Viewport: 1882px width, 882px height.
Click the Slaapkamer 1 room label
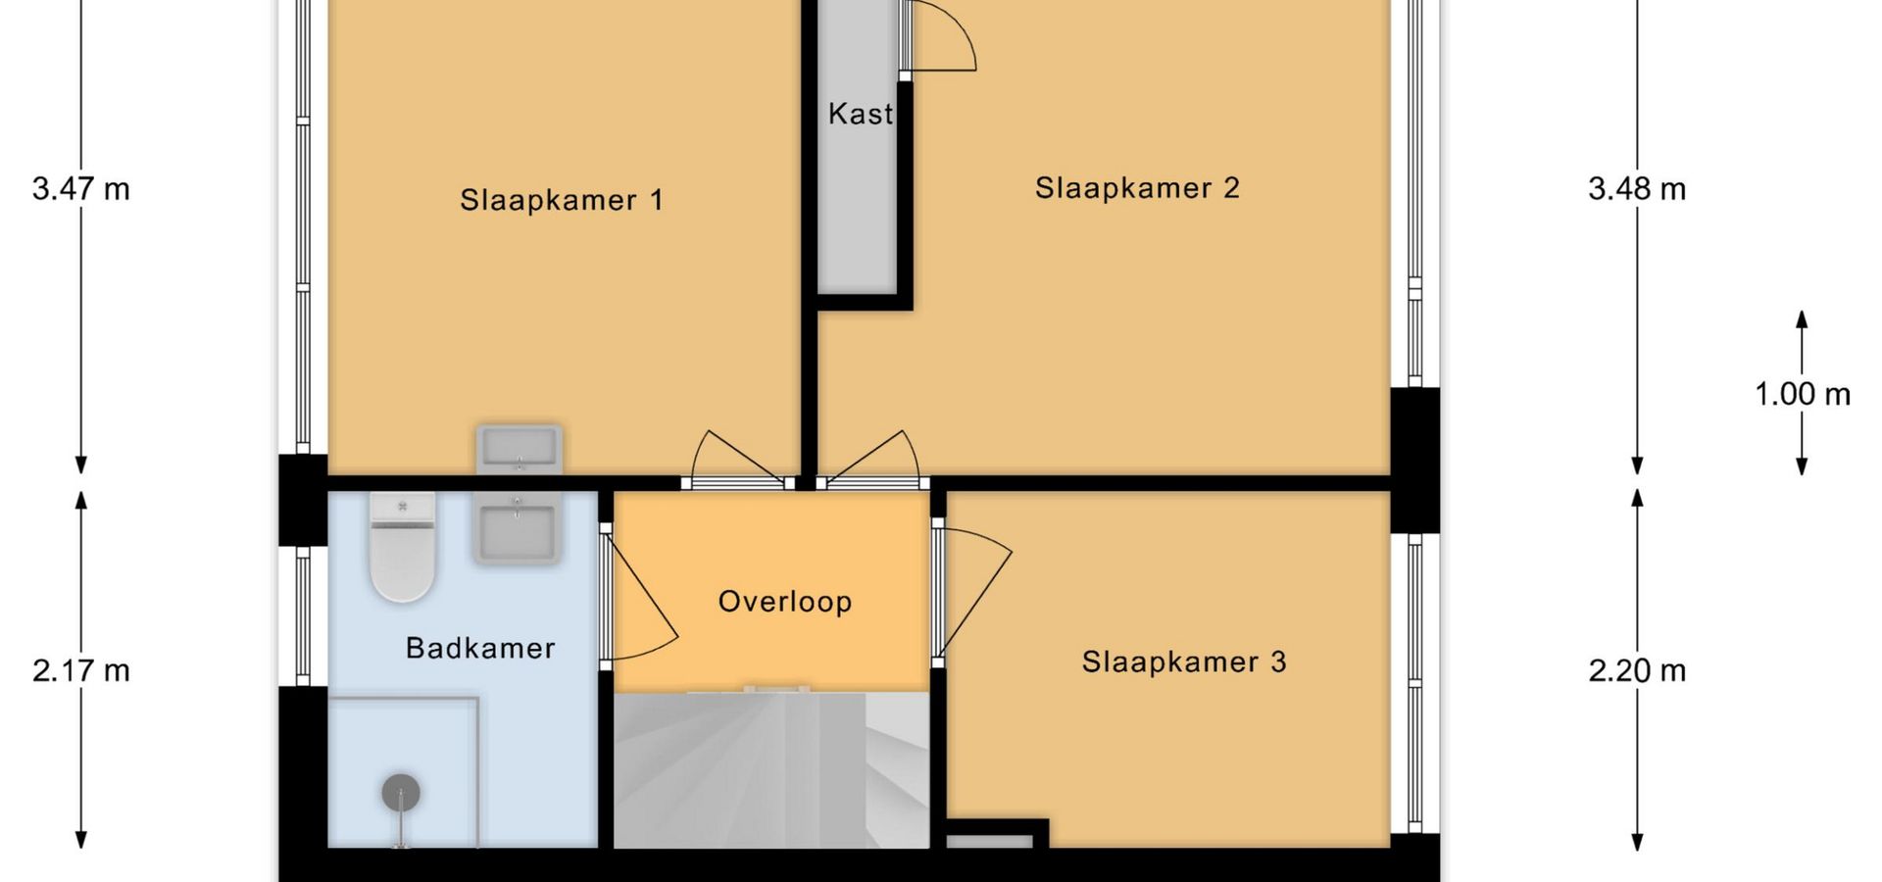coord(562,200)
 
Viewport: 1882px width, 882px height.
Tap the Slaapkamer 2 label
coord(1137,187)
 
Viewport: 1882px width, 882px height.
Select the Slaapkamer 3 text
coord(1184,661)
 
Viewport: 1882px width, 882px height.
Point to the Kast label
coord(861,114)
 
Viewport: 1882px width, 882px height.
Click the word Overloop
coord(785,601)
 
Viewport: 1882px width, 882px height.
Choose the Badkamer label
coord(480,648)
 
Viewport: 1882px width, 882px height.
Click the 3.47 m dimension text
coord(81,188)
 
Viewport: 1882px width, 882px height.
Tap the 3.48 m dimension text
coord(1637,188)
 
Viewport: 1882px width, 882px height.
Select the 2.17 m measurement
coord(81,670)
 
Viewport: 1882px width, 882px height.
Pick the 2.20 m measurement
coord(1637,670)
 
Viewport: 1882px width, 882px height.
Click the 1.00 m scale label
coord(1803,394)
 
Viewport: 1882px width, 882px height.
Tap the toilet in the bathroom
coord(402,547)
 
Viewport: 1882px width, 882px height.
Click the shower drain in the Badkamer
coord(401,792)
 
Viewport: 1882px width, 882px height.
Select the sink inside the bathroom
coord(518,527)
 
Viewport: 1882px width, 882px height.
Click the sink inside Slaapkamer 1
coord(519,449)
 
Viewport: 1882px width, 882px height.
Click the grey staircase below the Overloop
coord(771,768)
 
